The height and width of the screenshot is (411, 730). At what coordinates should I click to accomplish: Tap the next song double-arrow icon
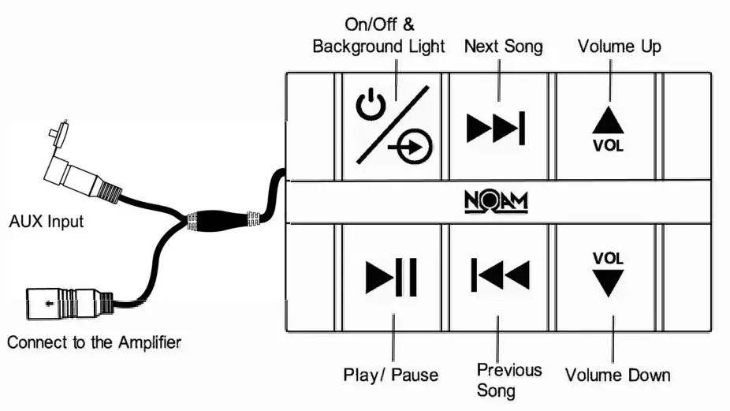click(495, 127)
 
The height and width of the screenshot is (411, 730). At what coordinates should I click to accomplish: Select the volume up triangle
click(608, 120)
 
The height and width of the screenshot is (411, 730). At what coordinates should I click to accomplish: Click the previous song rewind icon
click(500, 274)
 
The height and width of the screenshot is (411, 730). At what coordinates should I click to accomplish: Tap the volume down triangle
click(609, 282)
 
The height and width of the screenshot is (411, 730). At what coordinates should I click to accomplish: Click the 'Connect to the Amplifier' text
click(95, 342)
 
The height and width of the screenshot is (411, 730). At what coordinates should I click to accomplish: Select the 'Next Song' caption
click(504, 47)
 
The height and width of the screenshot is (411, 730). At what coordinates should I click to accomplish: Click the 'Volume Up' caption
click(619, 47)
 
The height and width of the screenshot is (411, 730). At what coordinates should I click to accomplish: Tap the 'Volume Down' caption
click(618, 376)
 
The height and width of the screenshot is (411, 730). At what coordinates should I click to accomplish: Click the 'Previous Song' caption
click(509, 379)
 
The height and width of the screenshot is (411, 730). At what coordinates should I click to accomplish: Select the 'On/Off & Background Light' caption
click(378, 35)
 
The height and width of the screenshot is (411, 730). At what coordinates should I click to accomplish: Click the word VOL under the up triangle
click(608, 146)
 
